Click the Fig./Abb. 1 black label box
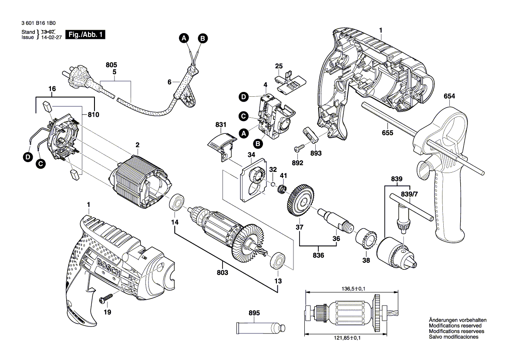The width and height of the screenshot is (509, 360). point(84,35)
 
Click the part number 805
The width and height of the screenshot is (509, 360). point(111,65)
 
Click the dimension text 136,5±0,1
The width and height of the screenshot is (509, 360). point(353,288)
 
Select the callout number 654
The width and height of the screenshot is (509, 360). point(450,96)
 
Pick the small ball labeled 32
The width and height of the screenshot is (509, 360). point(273,184)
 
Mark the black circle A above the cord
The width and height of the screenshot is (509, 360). point(184,38)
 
